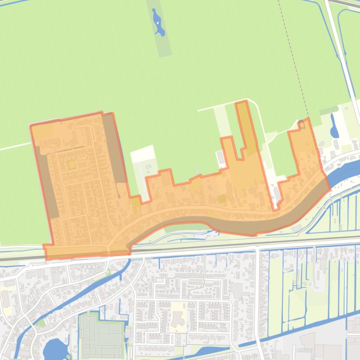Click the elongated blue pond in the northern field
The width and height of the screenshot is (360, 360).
point(158,23)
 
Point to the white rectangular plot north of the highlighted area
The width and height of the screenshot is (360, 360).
point(143,153)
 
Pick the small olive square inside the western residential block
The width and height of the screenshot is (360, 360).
point(72,165)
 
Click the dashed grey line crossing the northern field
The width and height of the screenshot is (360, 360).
point(292,56)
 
